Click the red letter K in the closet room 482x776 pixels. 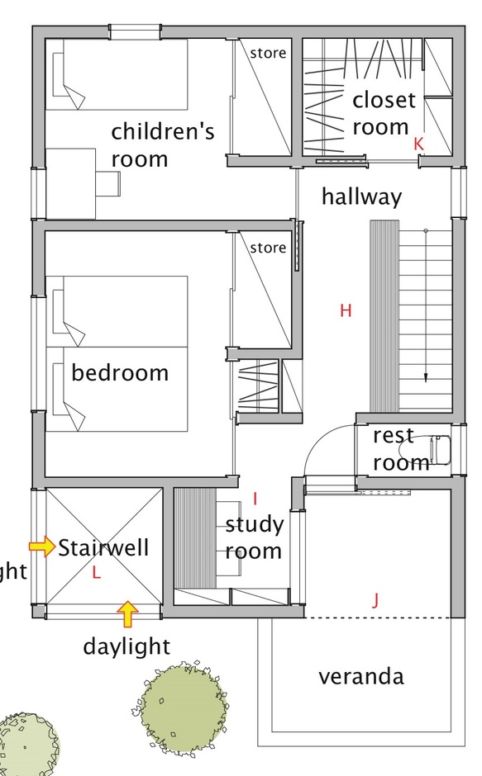418,144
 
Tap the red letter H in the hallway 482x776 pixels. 346,310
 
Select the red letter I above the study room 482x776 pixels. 255,499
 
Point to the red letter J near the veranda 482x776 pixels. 375,600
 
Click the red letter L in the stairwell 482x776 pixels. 96,573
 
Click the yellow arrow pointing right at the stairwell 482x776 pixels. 42,547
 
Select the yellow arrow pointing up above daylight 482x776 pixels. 128,614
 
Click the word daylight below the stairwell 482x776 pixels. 126,647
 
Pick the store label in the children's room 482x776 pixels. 268,53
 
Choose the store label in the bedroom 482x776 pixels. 268,248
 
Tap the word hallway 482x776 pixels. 361,196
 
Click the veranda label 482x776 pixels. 361,677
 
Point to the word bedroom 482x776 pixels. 120,372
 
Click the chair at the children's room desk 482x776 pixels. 108,183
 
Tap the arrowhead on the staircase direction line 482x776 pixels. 426,377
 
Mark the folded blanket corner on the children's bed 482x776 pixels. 74,96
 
